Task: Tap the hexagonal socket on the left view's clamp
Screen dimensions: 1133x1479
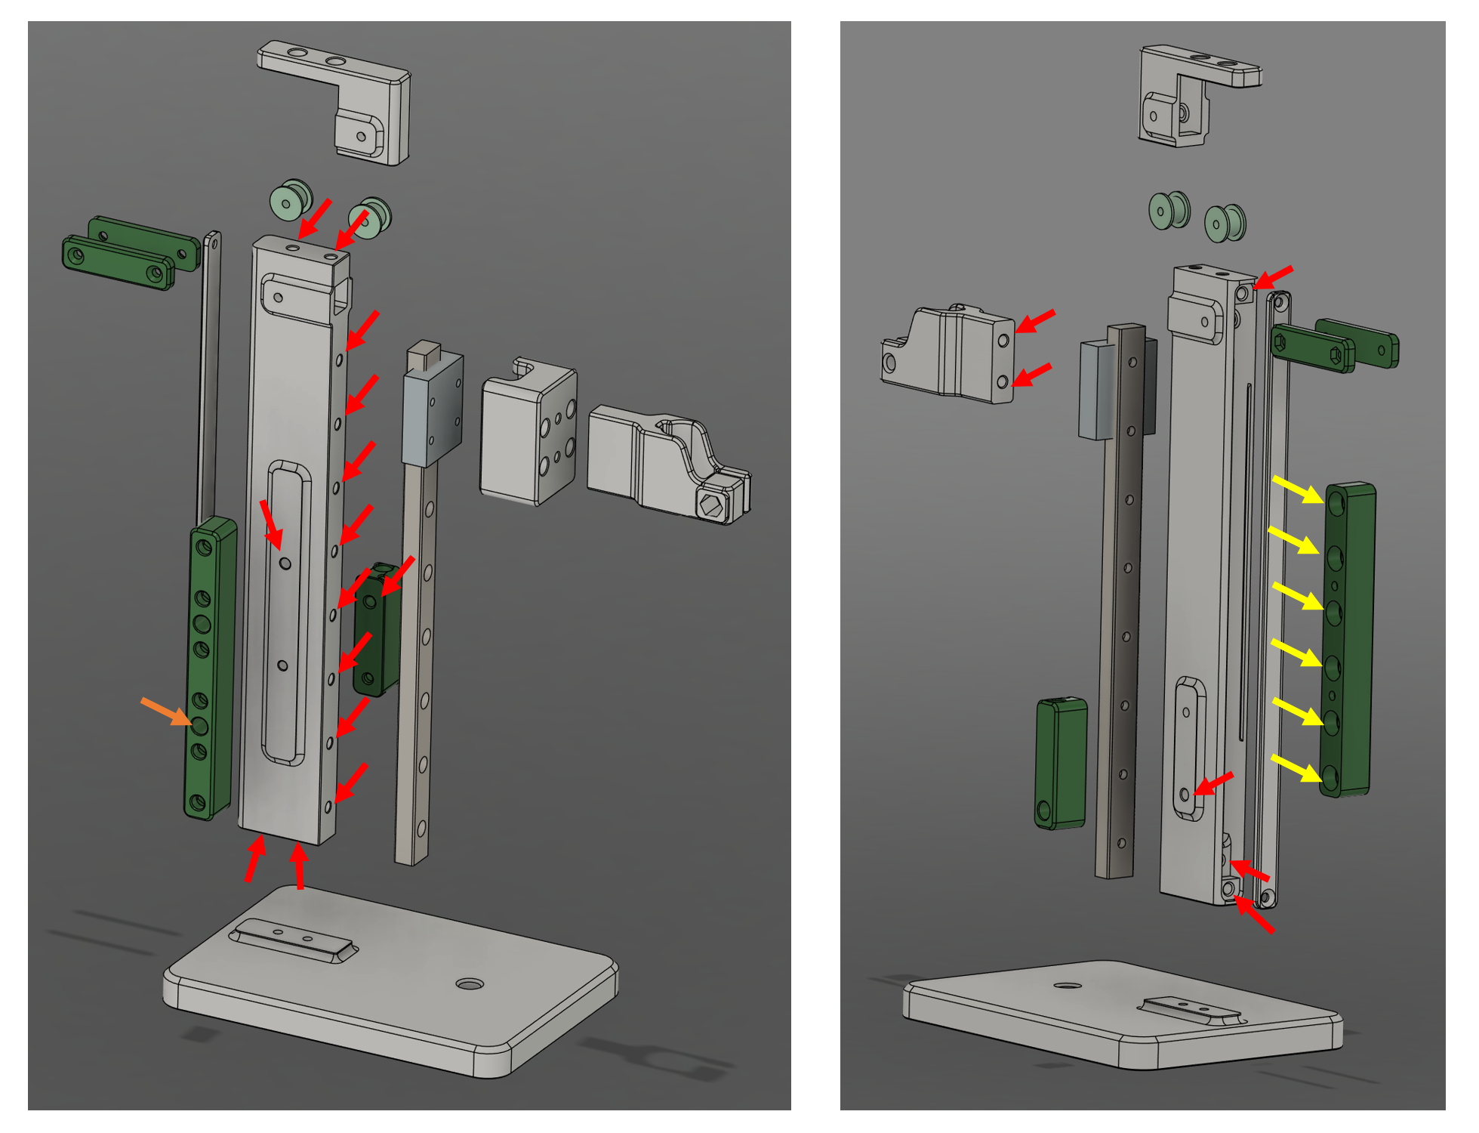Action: (710, 505)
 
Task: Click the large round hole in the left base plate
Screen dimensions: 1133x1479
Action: (470, 984)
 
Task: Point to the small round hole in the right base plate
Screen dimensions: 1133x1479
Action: (1066, 986)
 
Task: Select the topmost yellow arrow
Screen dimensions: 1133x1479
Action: (1298, 489)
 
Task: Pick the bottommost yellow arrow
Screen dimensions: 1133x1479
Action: (1298, 768)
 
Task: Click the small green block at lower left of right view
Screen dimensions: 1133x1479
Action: (1061, 763)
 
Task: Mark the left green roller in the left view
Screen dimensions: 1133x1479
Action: (291, 200)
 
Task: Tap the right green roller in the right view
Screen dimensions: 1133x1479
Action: (1225, 223)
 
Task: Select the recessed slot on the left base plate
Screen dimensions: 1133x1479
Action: (293, 940)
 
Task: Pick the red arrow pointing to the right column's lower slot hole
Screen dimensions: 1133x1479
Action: (1213, 784)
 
